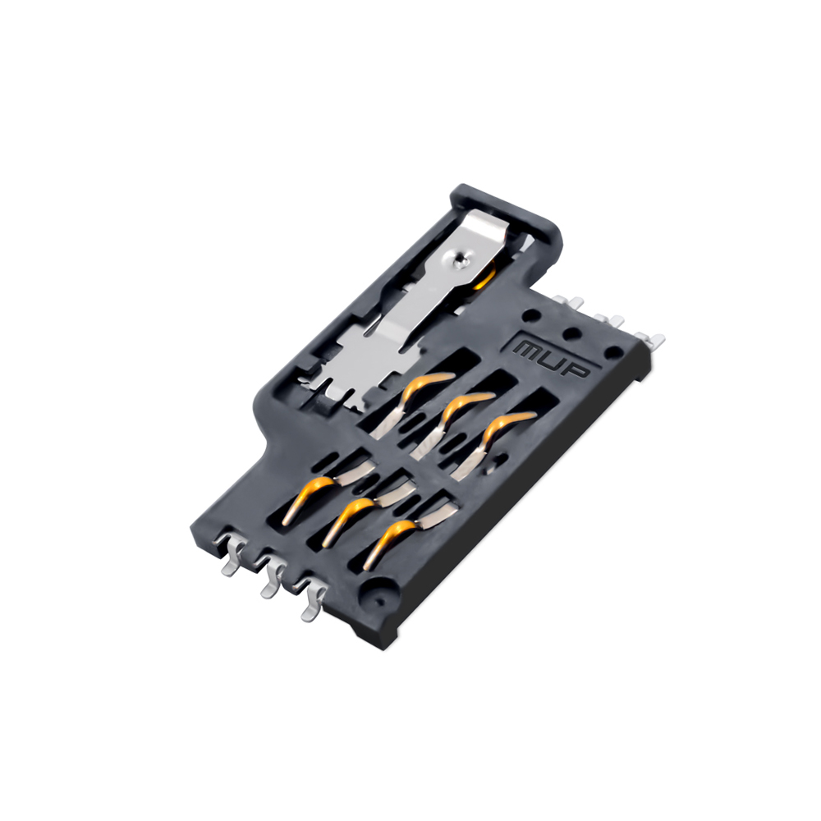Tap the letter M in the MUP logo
tap(530, 349)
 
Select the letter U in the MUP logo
tap(555, 360)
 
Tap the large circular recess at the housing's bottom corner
tap(378, 594)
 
